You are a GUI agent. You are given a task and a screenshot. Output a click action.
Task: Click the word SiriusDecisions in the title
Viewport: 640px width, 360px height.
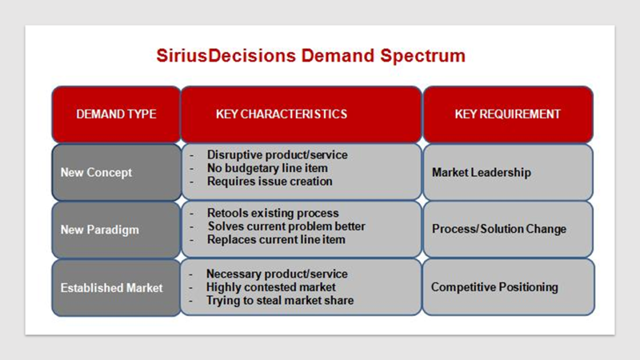(x=226, y=55)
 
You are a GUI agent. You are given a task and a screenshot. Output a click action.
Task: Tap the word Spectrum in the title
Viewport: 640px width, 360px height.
(x=423, y=56)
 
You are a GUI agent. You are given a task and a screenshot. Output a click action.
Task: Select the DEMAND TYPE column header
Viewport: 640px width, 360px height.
(x=116, y=114)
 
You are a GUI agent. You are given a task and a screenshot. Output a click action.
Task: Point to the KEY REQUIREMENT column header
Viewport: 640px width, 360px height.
(x=508, y=114)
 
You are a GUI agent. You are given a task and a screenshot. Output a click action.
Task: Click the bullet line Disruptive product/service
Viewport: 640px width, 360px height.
(x=277, y=155)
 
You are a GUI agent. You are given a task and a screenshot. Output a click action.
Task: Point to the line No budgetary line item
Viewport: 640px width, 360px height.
(x=267, y=168)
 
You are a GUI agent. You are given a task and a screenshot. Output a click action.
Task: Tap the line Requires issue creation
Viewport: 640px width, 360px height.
(x=270, y=182)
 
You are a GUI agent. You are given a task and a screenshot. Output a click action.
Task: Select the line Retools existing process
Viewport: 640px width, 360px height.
(x=273, y=213)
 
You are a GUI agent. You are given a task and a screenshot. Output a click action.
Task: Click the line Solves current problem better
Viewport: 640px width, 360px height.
(x=286, y=226)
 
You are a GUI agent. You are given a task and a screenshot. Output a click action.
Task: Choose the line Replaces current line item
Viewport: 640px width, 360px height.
(x=276, y=239)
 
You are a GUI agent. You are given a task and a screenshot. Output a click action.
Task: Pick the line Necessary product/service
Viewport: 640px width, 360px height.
(x=277, y=274)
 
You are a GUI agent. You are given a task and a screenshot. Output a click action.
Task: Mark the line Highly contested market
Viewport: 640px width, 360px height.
(x=270, y=287)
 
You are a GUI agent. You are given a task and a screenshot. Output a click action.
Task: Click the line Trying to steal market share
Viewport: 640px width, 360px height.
(x=279, y=301)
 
